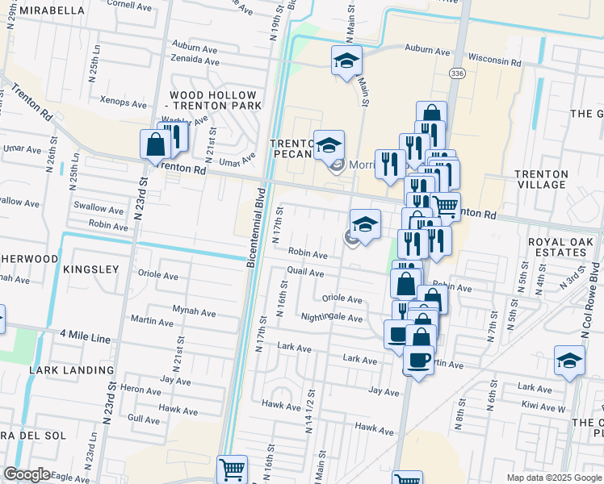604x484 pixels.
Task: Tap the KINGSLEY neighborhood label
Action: click(90, 269)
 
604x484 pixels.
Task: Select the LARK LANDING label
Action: click(71, 370)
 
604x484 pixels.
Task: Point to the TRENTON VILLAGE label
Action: click(540, 180)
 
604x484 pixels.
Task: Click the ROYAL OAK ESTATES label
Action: click(556, 247)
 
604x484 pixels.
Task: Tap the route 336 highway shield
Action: click(458, 73)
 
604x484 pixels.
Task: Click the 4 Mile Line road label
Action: click(85, 339)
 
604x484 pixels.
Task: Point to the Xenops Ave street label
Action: click(123, 104)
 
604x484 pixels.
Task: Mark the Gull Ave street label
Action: click(144, 419)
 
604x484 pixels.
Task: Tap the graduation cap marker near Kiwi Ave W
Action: click(569, 360)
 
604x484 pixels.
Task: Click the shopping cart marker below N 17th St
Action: click(232, 469)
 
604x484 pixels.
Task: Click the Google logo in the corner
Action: click(27, 474)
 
